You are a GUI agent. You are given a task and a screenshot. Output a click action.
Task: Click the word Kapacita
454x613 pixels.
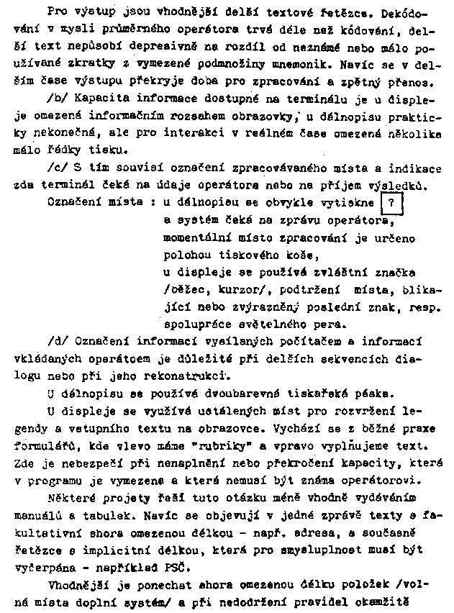coord(96,96)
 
